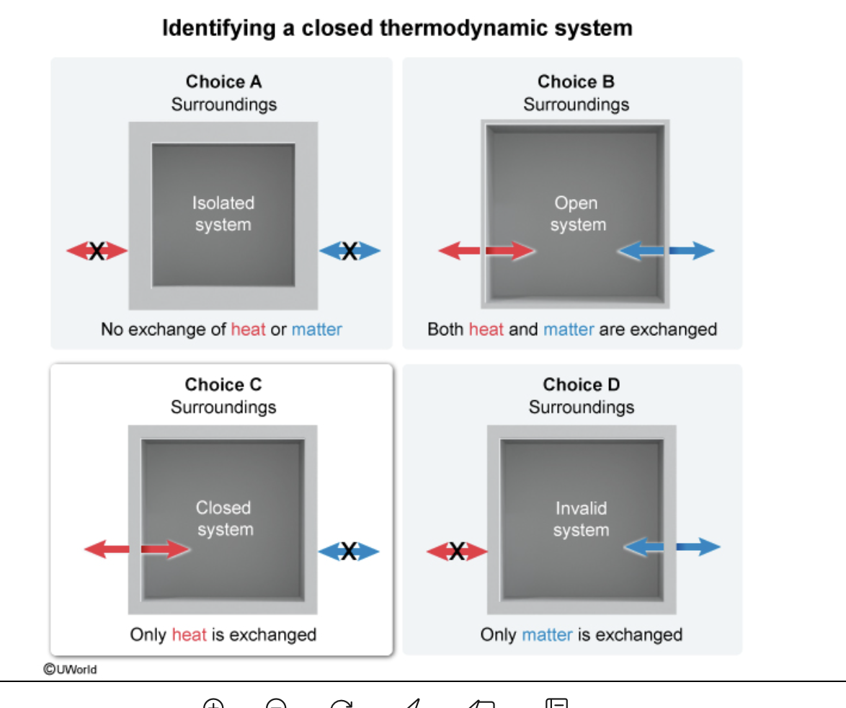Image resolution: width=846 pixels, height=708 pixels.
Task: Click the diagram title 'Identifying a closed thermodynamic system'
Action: click(397, 29)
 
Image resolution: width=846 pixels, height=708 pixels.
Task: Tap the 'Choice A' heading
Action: click(224, 81)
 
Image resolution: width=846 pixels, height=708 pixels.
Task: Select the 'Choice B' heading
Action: click(576, 81)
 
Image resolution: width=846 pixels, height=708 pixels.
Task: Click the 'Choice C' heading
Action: click(223, 384)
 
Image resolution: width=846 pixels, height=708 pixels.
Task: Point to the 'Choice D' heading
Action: click(581, 384)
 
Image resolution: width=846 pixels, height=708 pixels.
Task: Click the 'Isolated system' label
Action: click(223, 213)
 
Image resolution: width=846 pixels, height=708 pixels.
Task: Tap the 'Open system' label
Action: click(577, 213)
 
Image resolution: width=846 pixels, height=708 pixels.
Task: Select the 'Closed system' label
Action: click(224, 518)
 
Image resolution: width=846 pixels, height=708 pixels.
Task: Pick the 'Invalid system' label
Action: click(581, 518)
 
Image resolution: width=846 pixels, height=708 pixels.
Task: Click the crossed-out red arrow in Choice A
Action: click(97, 251)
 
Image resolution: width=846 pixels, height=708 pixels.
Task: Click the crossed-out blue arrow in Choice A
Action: click(349, 251)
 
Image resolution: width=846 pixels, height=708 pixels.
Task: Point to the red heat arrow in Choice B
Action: click(486, 250)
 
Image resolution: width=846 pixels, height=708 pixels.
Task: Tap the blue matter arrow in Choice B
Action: click(666, 250)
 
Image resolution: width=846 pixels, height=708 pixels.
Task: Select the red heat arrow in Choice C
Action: click(137, 549)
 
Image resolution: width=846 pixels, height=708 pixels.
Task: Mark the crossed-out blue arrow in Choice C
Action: click(349, 552)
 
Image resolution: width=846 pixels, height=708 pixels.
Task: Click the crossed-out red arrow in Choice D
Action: click(457, 552)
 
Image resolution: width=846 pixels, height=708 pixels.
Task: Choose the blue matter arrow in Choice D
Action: click(672, 547)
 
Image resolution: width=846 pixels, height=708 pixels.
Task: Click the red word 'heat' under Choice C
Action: click(190, 634)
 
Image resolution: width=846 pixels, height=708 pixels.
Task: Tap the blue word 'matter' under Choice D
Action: click(547, 634)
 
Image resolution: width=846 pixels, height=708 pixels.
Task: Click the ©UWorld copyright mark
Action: click(70, 669)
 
